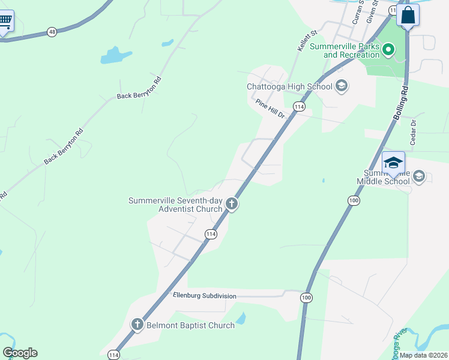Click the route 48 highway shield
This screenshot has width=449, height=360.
52,32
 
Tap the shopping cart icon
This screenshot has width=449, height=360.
5,22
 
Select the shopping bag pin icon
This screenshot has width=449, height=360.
408,15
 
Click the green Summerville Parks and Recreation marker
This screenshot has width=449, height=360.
388,49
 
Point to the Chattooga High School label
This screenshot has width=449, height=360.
289,86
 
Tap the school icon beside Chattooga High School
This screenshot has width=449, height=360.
341,86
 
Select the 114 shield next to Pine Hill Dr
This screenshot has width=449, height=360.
299,106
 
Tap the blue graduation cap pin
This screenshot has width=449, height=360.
394,163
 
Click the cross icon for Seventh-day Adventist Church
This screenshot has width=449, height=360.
232,205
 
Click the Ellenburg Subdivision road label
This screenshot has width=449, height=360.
204,296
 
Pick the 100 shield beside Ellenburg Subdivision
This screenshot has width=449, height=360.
306,297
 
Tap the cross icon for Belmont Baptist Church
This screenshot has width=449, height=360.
137,325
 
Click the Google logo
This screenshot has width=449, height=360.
20,353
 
